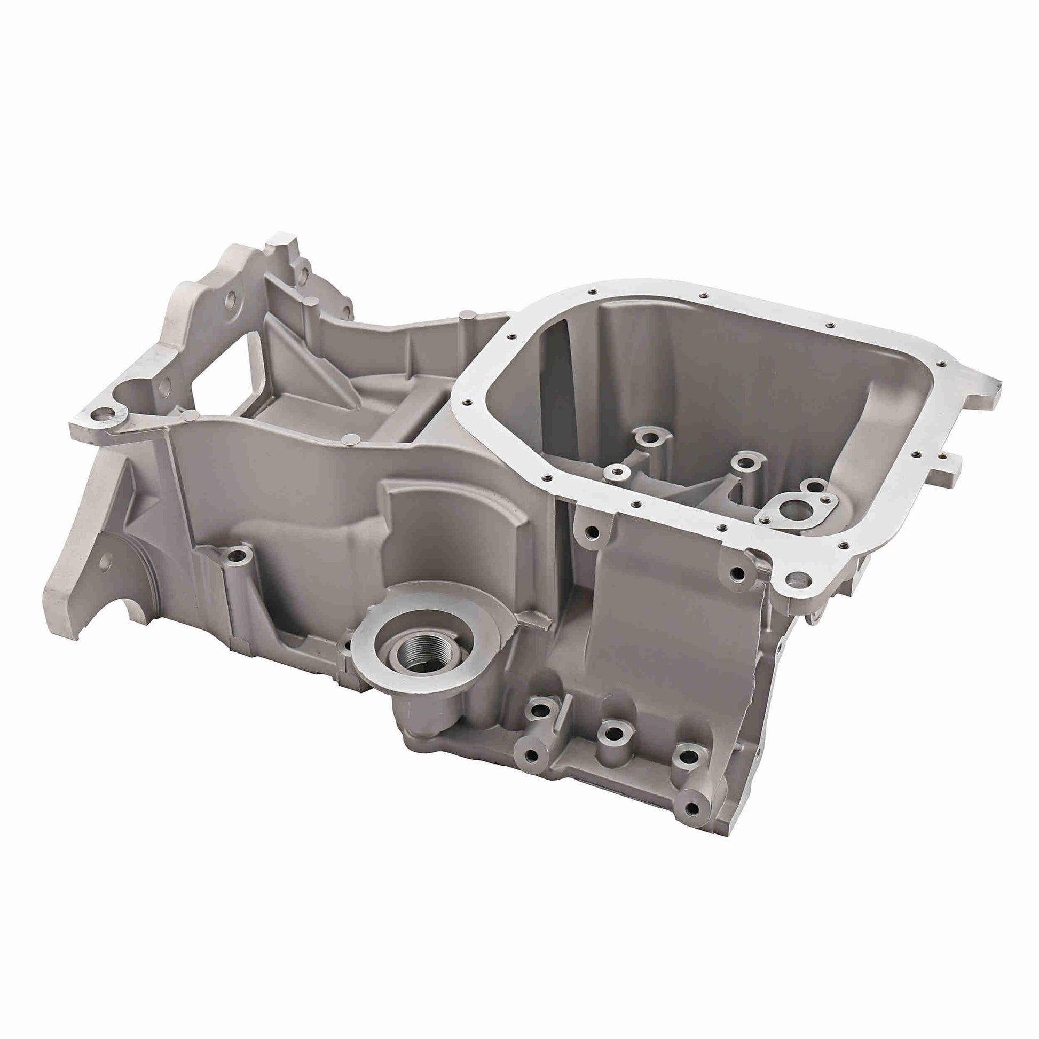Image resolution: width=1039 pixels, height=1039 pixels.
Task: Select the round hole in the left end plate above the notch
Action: coord(105,561)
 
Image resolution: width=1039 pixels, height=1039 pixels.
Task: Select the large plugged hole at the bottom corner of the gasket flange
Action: coord(798,580)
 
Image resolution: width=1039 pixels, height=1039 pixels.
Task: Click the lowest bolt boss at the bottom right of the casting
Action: coord(692,808)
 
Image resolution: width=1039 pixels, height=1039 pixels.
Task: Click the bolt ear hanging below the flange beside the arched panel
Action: coord(592,532)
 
